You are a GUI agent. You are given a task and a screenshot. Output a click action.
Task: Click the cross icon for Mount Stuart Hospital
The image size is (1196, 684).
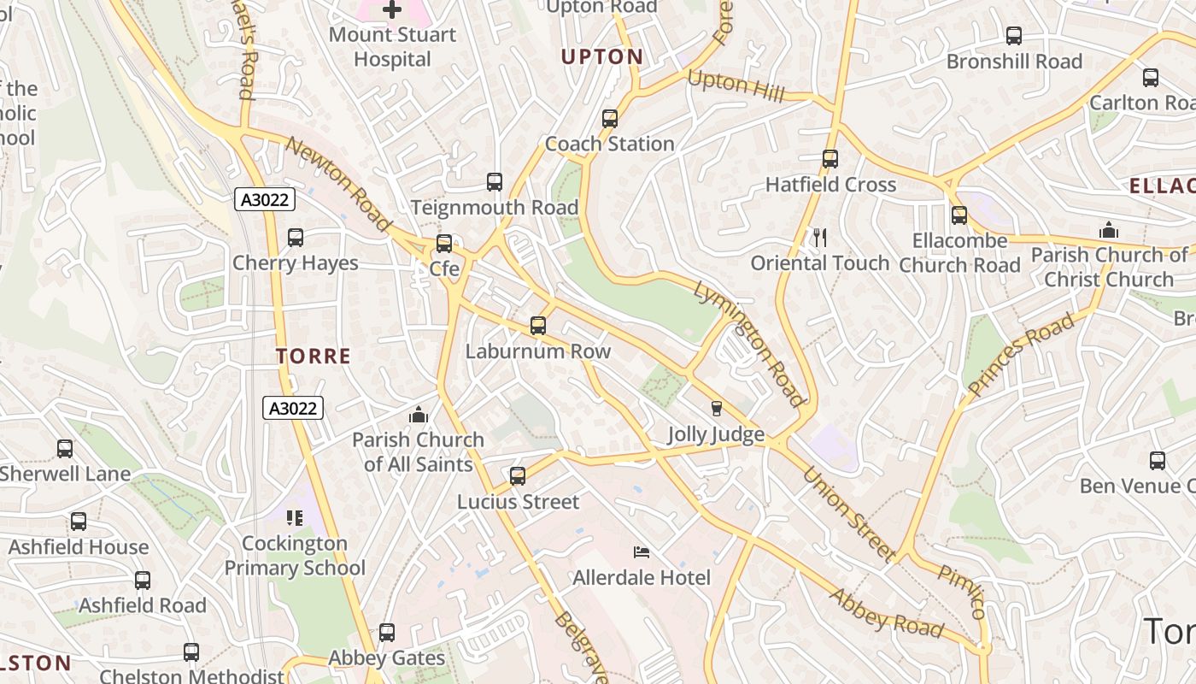pyautogui.click(x=392, y=10)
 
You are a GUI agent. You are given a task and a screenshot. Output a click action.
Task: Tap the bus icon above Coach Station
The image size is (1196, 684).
pyautogui.click(x=609, y=119)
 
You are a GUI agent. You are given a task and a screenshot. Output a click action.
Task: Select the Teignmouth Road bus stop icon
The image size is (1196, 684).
pyautogui.click(x=494, y=182)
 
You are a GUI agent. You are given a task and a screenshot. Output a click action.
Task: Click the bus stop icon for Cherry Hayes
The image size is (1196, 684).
pyautogui.click(x=295, y=238)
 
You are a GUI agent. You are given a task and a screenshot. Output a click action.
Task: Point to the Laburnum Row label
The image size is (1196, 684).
pyautogui.click(x=537, y=351)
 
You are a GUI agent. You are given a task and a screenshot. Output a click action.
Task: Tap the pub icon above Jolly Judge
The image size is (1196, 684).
pyautogui.click(x=716, y=409)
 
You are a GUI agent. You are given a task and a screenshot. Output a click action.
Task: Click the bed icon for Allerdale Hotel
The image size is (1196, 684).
pyautogui.click(x=641, y=552)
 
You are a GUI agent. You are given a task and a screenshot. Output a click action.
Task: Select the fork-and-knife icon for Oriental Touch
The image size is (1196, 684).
pyautogui.click(x=820, y=238)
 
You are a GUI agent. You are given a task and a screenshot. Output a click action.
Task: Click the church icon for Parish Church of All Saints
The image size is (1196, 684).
pyautogui.click(x=418, y=415)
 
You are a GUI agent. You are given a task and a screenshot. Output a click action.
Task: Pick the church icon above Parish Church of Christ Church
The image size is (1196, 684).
pyautogui.click(x=1108, y=230)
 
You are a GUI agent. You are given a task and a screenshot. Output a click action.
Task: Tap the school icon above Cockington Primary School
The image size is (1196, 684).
pyautogui.click(x=294, y=518)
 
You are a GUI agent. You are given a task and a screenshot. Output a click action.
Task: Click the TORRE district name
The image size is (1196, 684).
pyautogui.click(x=314, y=357)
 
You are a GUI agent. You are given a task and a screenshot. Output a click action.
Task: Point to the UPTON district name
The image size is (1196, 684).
pyautogui.click(x=601, y=57)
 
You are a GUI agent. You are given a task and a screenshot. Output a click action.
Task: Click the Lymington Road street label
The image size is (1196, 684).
pyautogui.click(x=749, y=344)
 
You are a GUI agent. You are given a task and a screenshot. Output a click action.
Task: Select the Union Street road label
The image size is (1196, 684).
pyautogui.click(x=849, y=513)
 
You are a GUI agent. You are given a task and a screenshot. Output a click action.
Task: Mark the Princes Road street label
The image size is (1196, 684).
pyautogui.click(x=1020, y=355)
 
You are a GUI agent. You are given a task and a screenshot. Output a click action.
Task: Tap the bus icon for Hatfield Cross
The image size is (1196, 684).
pyautogui.click(x=830, y=159)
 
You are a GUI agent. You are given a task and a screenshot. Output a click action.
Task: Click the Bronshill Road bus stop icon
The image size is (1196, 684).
pyautogui.click(x=1013, y=36)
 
